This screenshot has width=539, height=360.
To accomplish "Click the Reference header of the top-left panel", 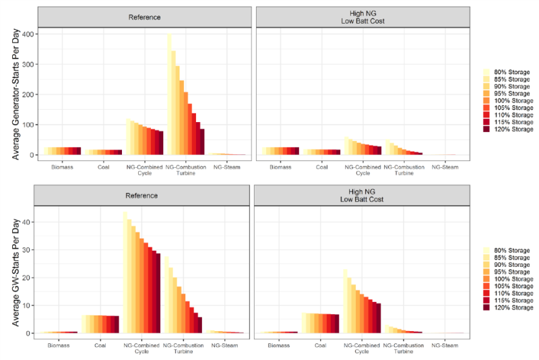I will click(144, 17).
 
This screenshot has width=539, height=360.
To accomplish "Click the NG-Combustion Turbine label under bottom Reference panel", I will click(183, 349).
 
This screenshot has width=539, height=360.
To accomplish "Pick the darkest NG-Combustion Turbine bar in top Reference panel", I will click(202, 142).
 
